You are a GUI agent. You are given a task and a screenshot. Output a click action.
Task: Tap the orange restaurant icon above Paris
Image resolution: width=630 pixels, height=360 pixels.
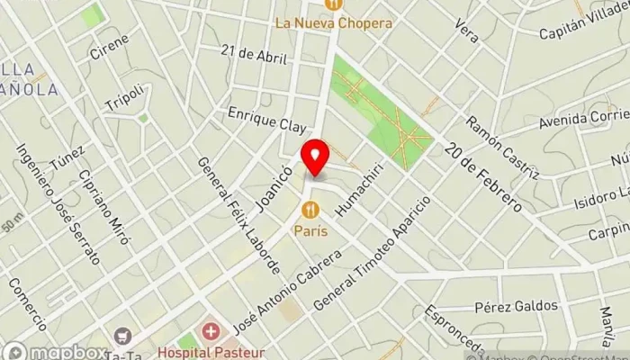(x=310, y=211)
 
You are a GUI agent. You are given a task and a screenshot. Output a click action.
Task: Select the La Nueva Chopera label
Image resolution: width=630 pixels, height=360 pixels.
(x=333, y=22)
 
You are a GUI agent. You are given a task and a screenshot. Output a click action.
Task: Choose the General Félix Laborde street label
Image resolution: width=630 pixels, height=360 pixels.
(x=238, y=217)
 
